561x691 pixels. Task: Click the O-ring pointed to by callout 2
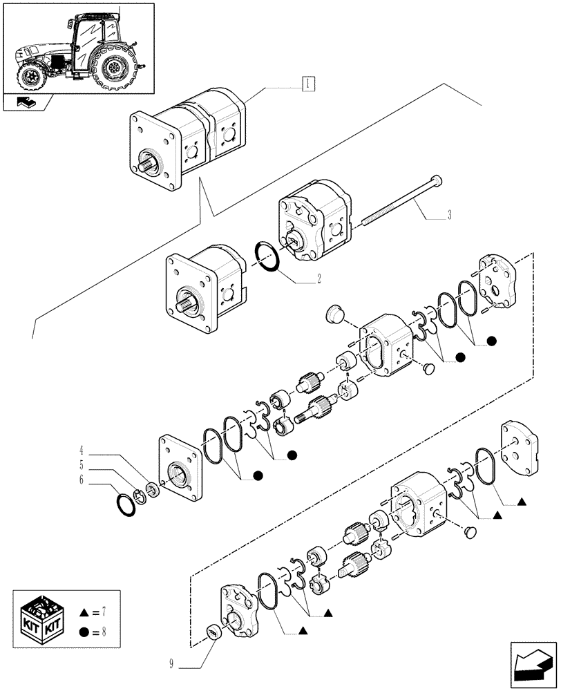[x=269, y=258]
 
